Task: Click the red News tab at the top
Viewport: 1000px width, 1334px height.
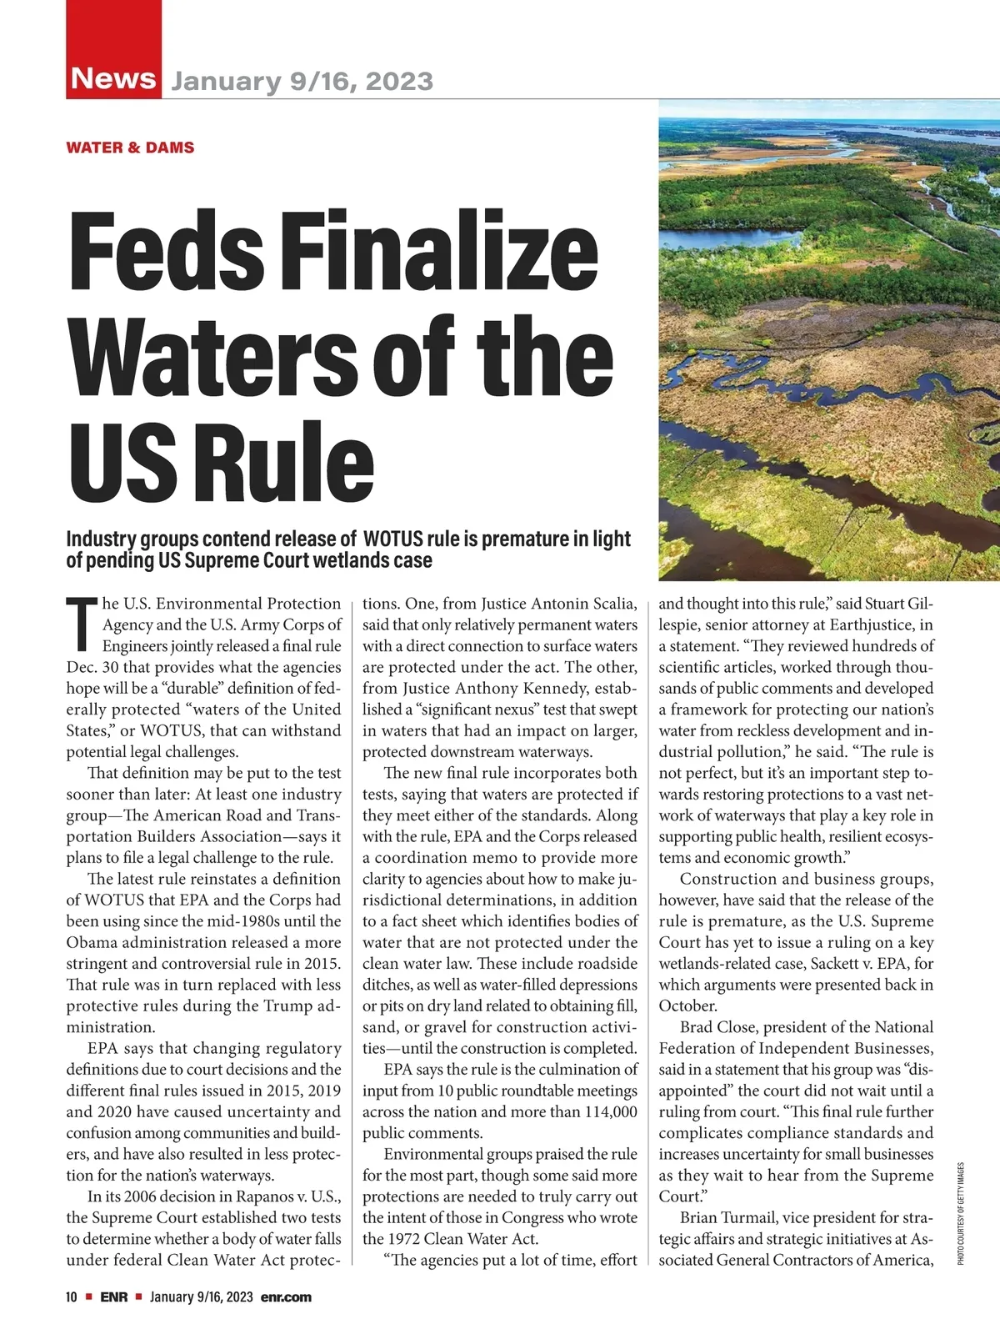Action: point(114,78)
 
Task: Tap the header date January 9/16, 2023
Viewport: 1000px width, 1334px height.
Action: point(302,82)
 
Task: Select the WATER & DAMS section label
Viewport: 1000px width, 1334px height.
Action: point(130,148)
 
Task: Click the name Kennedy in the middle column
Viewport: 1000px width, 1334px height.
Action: point(570,689)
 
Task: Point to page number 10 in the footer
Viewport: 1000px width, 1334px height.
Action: point(72,1296)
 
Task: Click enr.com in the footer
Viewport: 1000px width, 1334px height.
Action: point(286,1296)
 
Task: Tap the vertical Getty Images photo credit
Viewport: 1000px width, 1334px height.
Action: point(960,1213)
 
